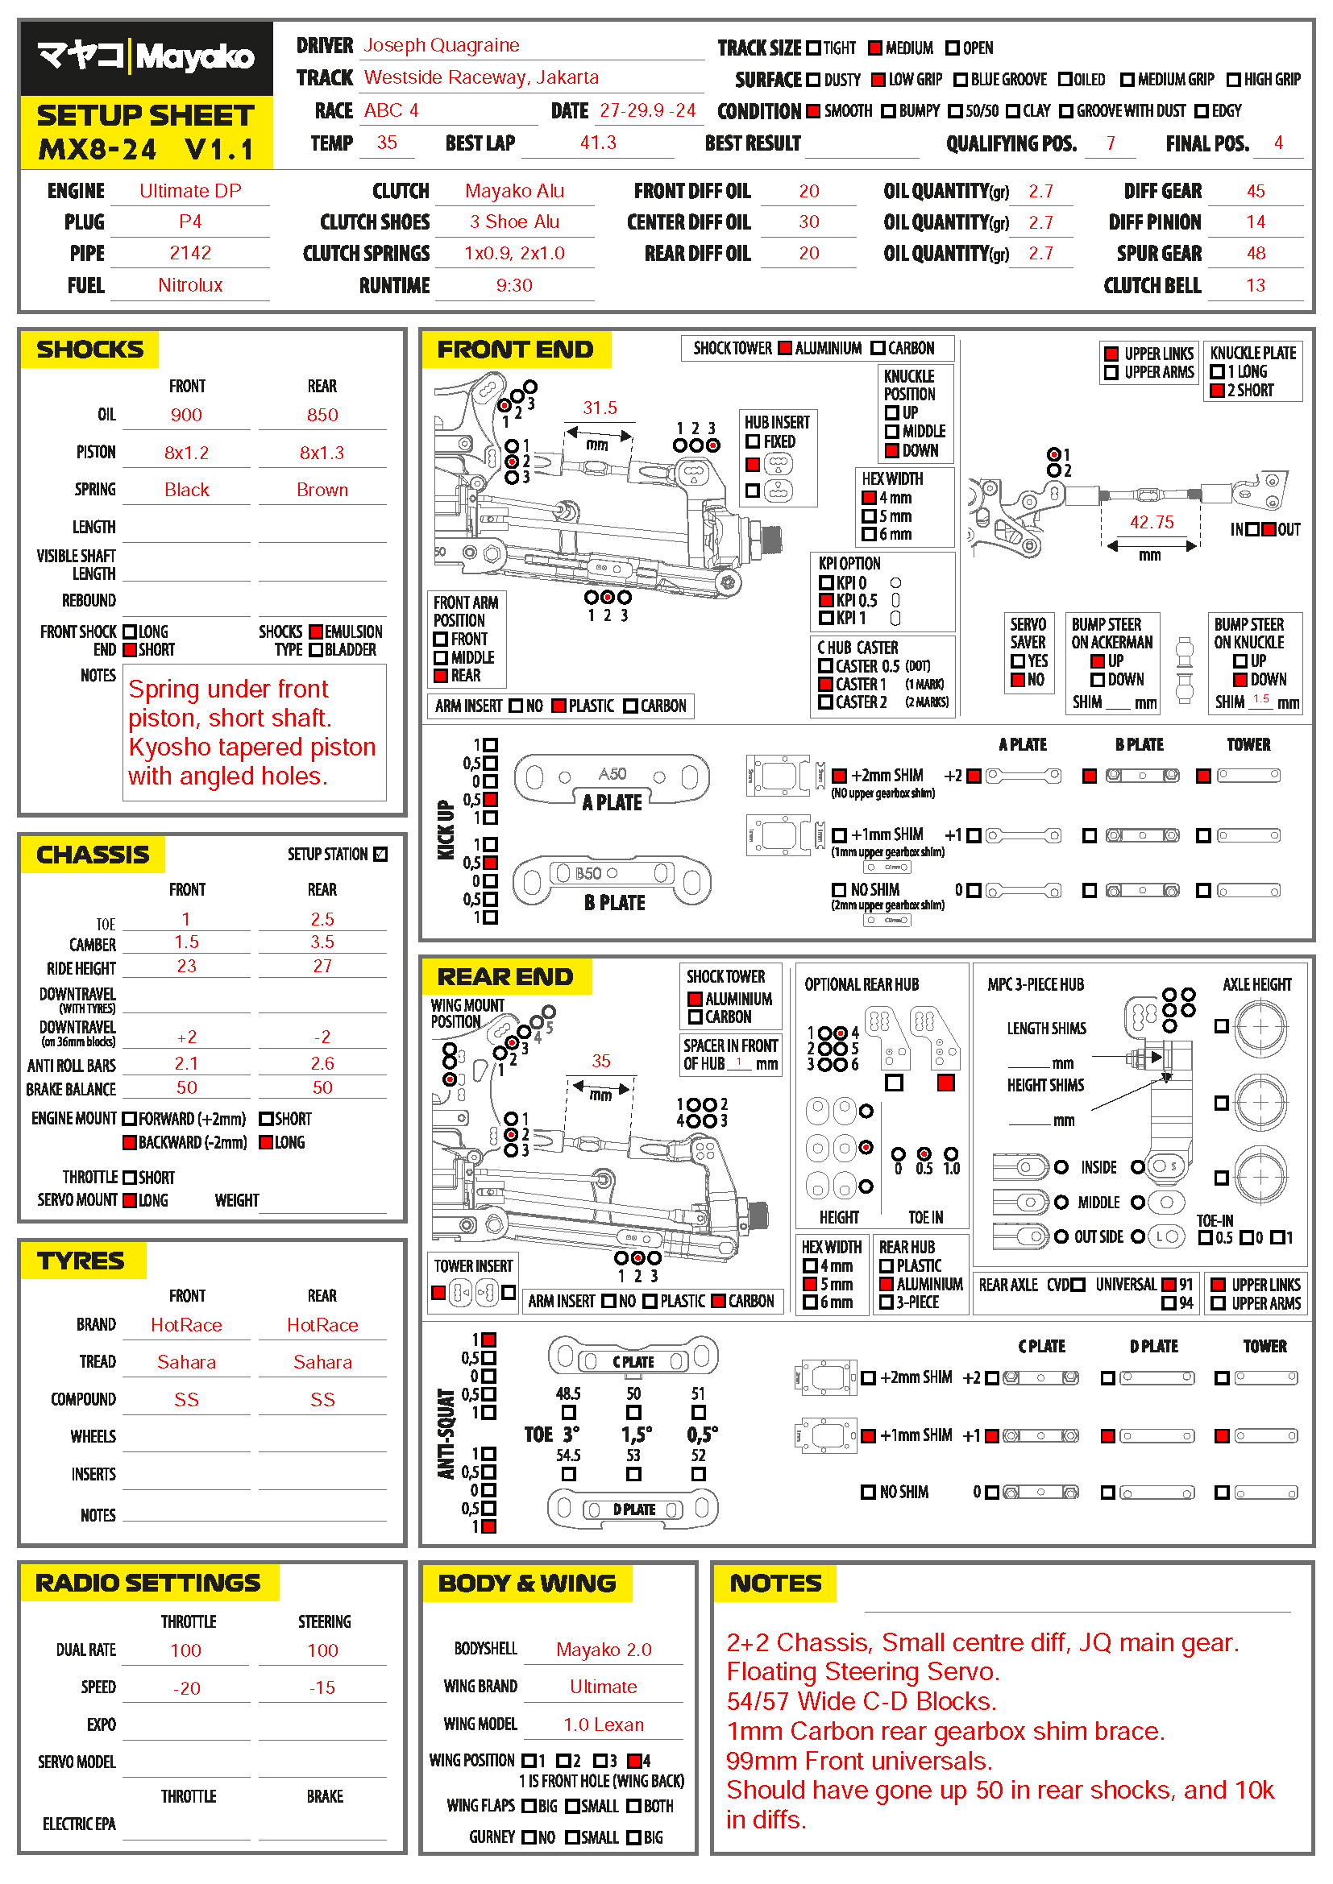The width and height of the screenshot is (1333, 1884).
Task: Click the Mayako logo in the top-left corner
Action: (x=146, y=56)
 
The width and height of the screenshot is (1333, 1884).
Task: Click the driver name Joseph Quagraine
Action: (x=441, y=45)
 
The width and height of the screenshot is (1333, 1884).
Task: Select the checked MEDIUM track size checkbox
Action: (x=875, y=48)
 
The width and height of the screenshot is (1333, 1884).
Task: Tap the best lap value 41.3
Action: (x=597, y=143)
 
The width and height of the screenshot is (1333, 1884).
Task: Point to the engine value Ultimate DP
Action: (x=190, y=191)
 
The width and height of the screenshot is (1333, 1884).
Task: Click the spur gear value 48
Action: (x=1255, y=254)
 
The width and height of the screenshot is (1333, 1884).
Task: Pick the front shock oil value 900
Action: (x=186, y=415)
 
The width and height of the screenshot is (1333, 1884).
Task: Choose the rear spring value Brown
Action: (x=322, y=490)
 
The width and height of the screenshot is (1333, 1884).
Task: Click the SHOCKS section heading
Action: (x=90, y=350)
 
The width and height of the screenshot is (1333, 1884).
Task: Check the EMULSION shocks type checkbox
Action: (x=316, y=631)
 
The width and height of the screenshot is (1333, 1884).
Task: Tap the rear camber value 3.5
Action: (x=322, y=942)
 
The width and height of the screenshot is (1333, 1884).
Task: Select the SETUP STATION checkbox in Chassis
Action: (x=380, y=854)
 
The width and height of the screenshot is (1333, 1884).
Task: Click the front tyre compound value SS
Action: (x=186, y=1400)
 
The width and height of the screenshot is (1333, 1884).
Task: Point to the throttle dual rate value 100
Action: (x=185, y=1650)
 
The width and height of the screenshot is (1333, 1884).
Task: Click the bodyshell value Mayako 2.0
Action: (x=604, y=1650)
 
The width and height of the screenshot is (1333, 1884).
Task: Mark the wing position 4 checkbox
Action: (x=633, y=1761)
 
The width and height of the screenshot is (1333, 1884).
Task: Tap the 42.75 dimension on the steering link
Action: (x=1152, y=522)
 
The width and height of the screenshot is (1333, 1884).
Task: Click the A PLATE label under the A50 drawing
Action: (x=612, y=802)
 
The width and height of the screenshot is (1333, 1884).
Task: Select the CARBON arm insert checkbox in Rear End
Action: (x=718, y=1301)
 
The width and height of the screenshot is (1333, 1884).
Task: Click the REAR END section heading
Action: (x=505, y=976)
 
